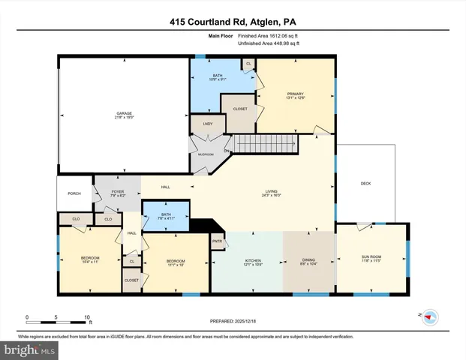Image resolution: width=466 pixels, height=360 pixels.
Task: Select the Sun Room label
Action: (x=371, y=259)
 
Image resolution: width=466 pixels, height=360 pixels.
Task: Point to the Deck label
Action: (x=365, y=184)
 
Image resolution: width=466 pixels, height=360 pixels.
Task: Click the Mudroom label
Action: (x=206, y=154)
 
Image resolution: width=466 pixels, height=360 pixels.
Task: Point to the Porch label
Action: (x=74, y=193)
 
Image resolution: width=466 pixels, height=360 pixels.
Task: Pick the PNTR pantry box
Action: (x=218, y=241)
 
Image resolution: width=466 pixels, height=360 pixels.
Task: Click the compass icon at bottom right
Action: (x=430, y=317)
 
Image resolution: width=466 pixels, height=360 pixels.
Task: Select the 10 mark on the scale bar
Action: (x=88, y=316)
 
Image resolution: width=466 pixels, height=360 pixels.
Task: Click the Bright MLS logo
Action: (x=29, y=350)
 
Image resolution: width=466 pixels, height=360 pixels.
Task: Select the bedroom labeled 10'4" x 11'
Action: (x=90, y=260)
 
